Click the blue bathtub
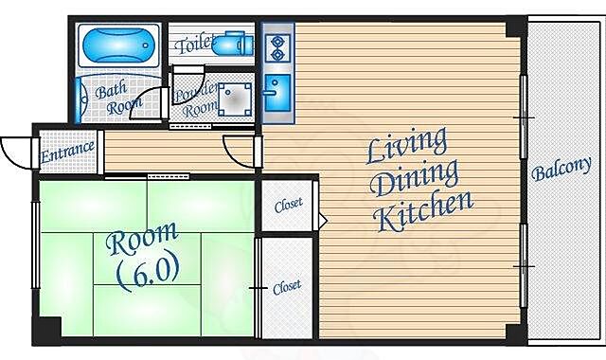tap(118, 45)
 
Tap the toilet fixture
tap(233, 44)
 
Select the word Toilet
tap(194, 44)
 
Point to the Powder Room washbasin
tap(235, 99)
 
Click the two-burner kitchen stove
tap(277, 47)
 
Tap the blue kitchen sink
tap(277, 92)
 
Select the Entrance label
tap(67, 152)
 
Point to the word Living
tap(406, 145)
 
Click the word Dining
tap(414, 179)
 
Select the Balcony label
tap(561, 169)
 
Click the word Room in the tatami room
tap(142, 238)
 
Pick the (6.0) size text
tap(148, 272)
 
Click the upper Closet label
tap(288, 205)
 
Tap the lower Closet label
tap(287, 287)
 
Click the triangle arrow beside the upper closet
tap(322, 221)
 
